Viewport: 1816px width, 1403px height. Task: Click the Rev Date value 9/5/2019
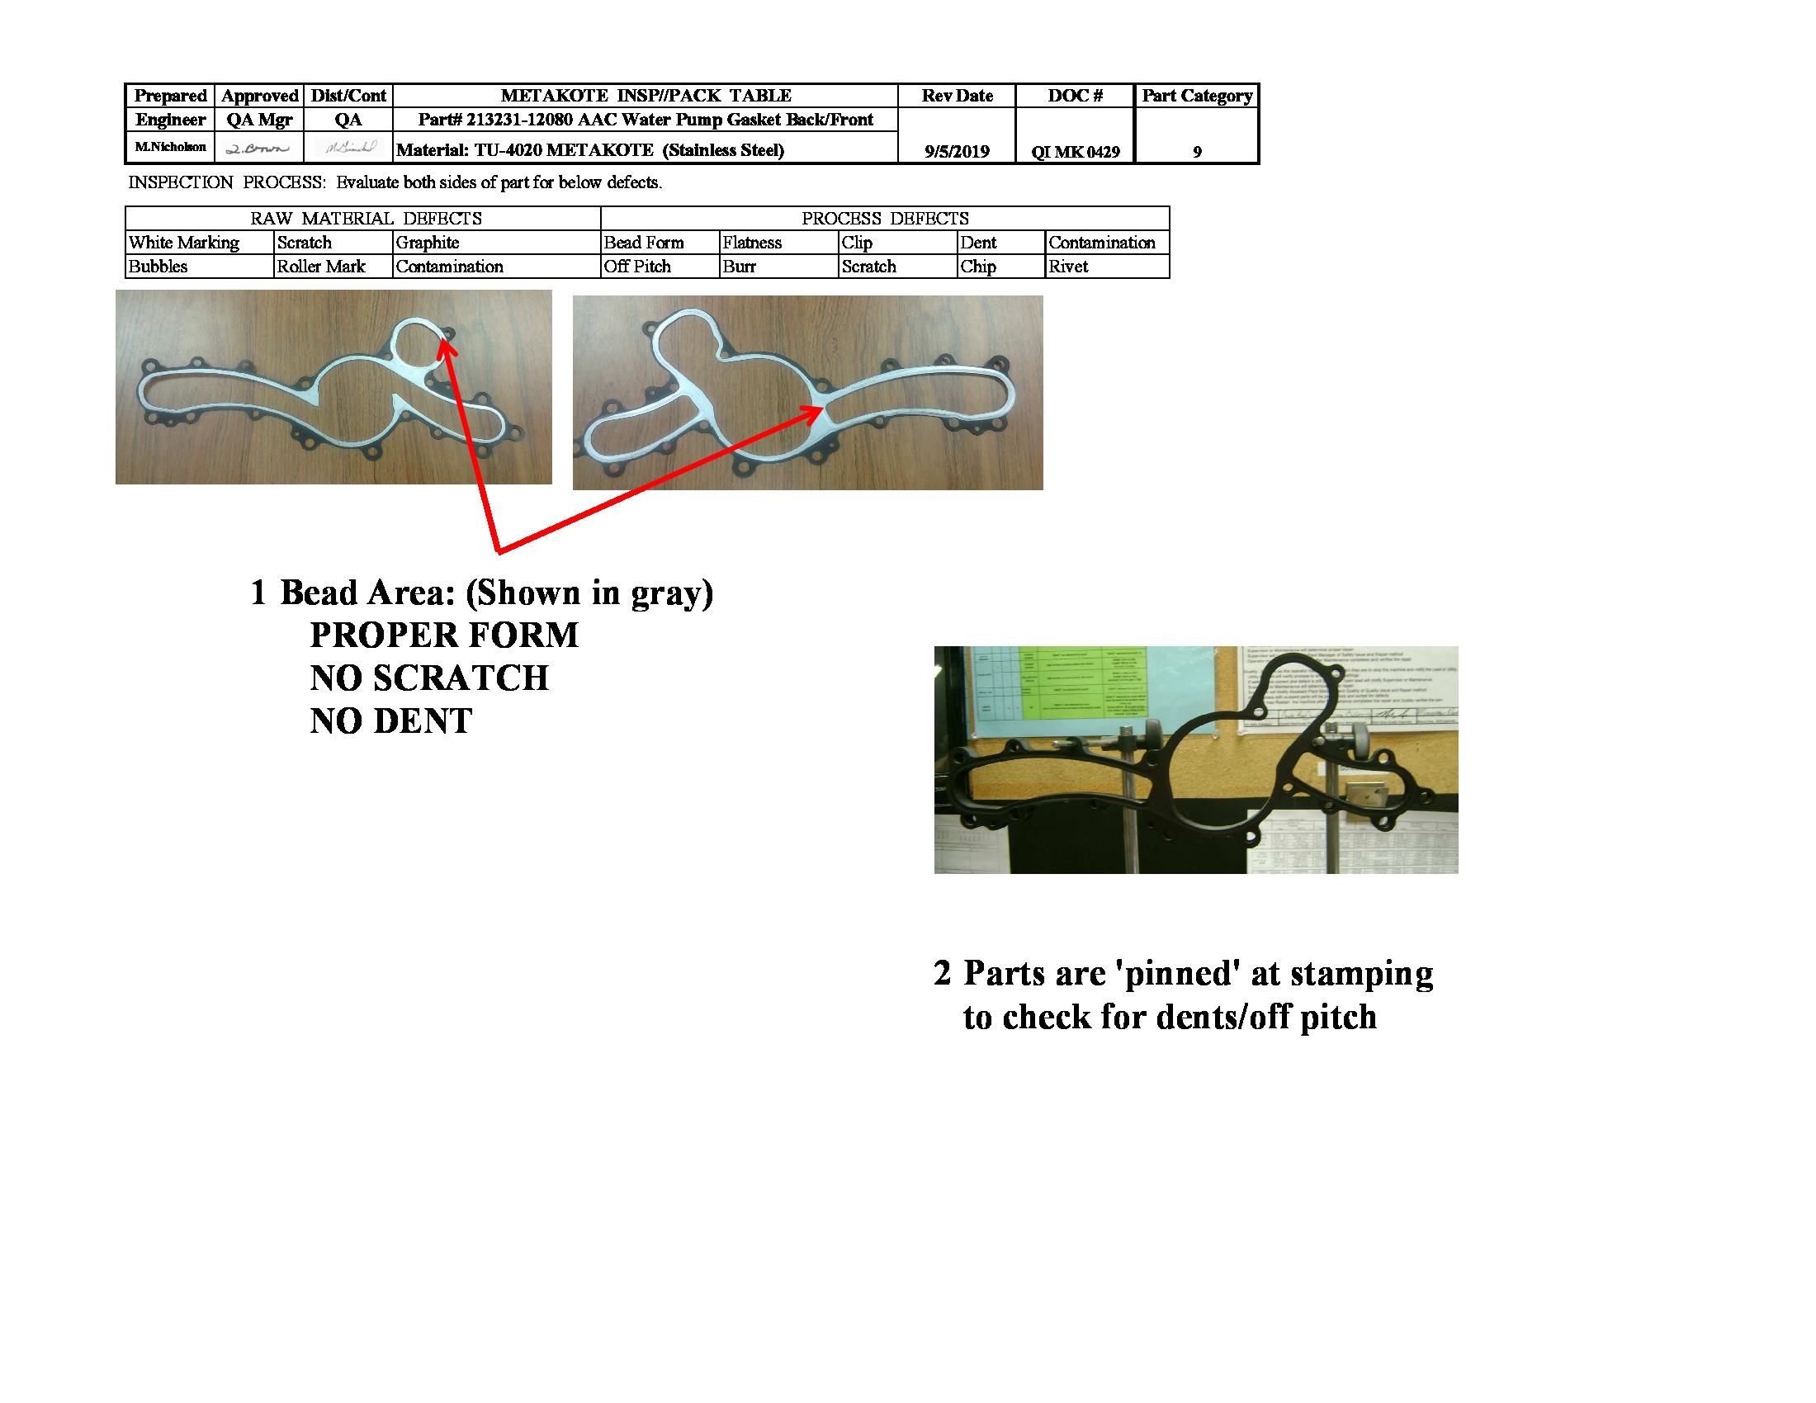(x=956, y=151)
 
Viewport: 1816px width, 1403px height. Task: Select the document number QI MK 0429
(x=1075, y=151)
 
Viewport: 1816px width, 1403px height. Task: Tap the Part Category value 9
(x=1197, y=151)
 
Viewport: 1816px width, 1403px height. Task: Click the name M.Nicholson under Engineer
(x=171, y=147)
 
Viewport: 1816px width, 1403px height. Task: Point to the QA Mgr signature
(x=258, y=148)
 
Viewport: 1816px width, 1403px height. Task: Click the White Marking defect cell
(x=184, y=243)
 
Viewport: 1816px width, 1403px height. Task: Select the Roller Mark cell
(x=321, y=267)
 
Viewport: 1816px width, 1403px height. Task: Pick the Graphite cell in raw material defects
(x=428, y=243)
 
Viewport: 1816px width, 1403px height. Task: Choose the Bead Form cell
(x=644, y=243)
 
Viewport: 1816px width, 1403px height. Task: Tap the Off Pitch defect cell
(x=637, y=267)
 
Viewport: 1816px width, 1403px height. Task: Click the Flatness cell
(x=752, y=243)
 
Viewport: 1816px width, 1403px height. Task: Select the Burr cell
(x=740, y=267)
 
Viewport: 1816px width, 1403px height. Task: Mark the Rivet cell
(x=1067, y=267)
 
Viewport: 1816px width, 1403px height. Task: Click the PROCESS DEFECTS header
(x=885, y=219)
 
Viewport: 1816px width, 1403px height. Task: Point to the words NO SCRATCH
(x=429, y=678)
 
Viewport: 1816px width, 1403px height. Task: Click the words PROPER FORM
(x=444, y=635)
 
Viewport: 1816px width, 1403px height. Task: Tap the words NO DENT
(x=390, y=721)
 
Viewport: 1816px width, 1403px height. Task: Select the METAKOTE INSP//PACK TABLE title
(x=646, y=96)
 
